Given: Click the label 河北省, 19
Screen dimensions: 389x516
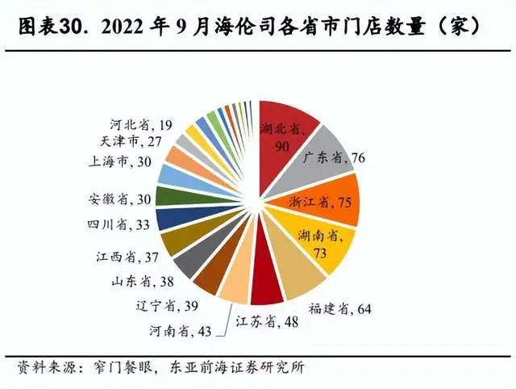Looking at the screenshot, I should [140, 124].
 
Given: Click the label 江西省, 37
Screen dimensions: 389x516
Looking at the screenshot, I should [123, 257].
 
